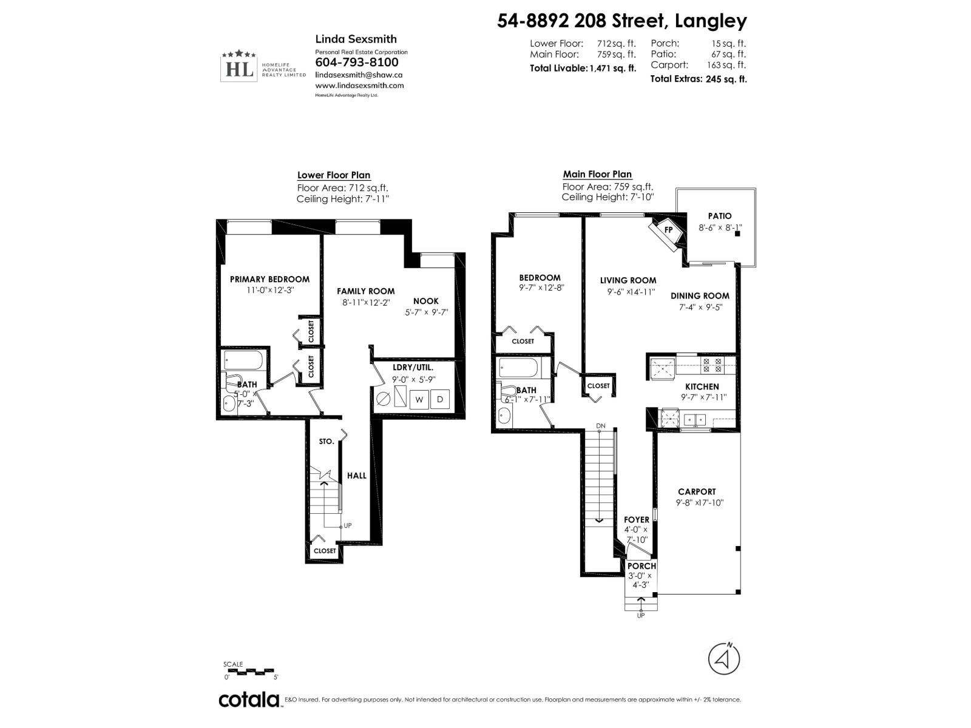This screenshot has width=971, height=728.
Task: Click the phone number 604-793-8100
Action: coord(357,62)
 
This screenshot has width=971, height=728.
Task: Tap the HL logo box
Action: coord(239,69)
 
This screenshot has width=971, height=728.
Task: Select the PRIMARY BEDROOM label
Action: coord(269,280)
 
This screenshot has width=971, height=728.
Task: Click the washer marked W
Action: coord(419,400)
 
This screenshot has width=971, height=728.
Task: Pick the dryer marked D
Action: coord(441,400)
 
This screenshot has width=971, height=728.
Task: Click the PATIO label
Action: coord(720,216)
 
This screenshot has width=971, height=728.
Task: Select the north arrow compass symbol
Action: coord(724,658)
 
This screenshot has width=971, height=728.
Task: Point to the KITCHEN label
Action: coord(702,386)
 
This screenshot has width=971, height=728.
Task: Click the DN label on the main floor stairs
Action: coord(601,426)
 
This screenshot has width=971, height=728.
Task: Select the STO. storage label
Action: coord(326,442)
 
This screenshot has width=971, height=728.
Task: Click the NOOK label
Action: coord(425,302)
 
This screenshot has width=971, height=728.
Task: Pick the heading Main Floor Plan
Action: coord(597,175)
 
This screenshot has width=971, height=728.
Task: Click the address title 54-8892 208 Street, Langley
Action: coord(622,21)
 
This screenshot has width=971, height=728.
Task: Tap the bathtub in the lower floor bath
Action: coord(243,362)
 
